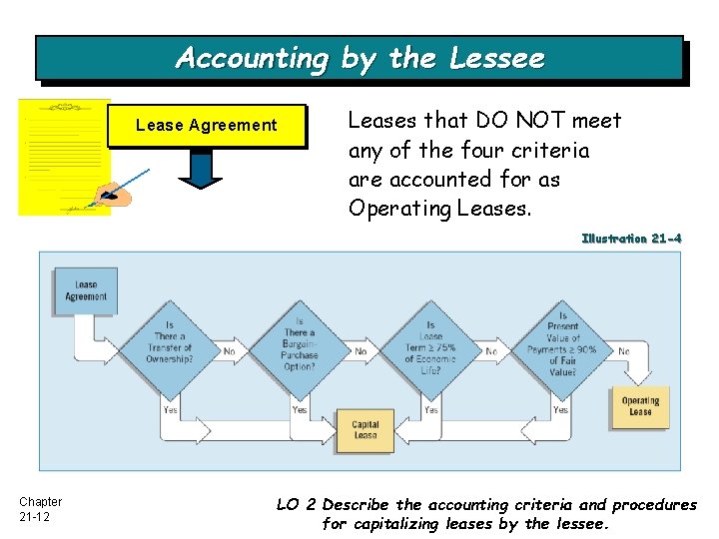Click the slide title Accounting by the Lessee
point(359,58)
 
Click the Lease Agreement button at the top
point(206,126)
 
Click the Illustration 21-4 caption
point(631,239)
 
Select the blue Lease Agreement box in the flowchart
point(86,290)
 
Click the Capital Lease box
point(365,430)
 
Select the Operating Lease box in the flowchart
point(640,406)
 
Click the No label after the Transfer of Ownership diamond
point(230,351)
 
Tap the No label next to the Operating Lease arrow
point(624,351)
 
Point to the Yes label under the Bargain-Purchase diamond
point(300,409)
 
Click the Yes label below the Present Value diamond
point(561,409)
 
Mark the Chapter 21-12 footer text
point(40,509)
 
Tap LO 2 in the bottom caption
point(296,505)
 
